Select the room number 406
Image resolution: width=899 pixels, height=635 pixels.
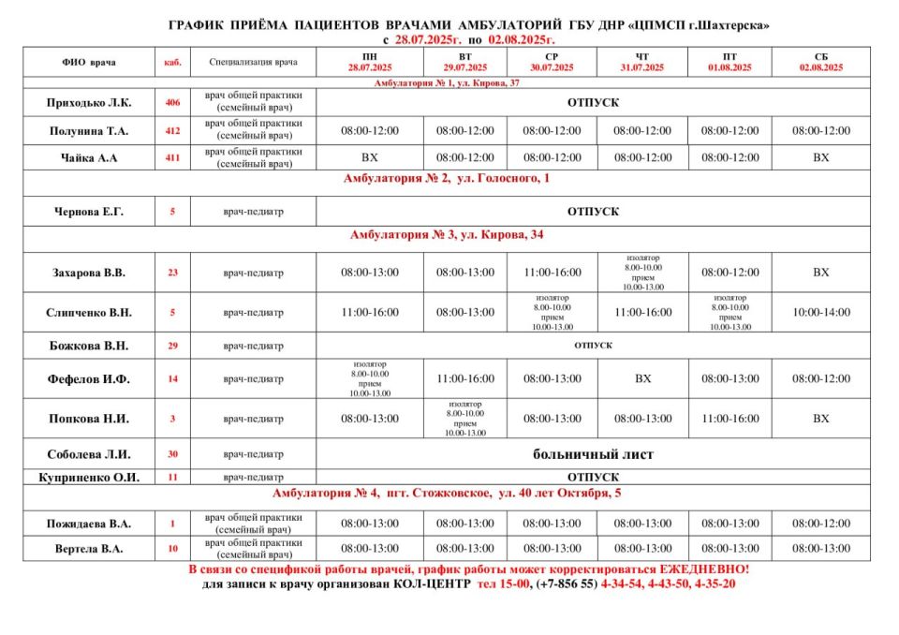[172, 102]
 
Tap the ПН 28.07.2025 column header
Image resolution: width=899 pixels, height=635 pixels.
[370, 63]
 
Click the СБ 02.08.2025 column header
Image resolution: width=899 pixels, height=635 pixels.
[821, 63]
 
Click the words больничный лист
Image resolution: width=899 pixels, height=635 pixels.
[593, 455]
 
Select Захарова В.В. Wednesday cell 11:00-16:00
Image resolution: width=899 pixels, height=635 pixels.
[552, 273]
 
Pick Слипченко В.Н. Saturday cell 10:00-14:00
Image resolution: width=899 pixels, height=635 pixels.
[821, 312]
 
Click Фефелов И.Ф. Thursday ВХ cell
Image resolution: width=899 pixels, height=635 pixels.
[642, 379]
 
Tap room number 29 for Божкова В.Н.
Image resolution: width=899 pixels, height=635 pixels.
[172, 346]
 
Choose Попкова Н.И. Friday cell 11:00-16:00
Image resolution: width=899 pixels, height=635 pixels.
[730, 419]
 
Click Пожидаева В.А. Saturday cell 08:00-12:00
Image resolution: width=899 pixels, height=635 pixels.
[821, 524]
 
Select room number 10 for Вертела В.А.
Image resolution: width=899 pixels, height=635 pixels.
[172, 549]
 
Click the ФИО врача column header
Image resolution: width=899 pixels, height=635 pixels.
[91, 63]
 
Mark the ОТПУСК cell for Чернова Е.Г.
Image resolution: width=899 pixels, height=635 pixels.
[593, 212]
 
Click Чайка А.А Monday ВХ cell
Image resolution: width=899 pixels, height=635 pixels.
[370, 157]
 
